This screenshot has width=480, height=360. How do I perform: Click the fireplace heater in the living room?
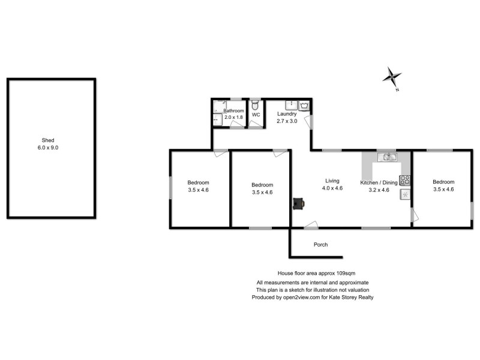(x=298, y=204)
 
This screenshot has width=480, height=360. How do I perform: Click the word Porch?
(x=321, y=245)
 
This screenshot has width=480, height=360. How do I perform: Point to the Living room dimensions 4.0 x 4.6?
(x=332, y=188)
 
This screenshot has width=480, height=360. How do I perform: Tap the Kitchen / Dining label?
(x=379, y=182)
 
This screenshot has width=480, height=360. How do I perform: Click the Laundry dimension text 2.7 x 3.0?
(x=287, y=121)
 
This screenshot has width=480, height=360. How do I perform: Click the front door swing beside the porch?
(x=311, y=225)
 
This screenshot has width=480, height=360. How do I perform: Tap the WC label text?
(x=256, y=114)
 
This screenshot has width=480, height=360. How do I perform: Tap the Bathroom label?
(x=234, y=111)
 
